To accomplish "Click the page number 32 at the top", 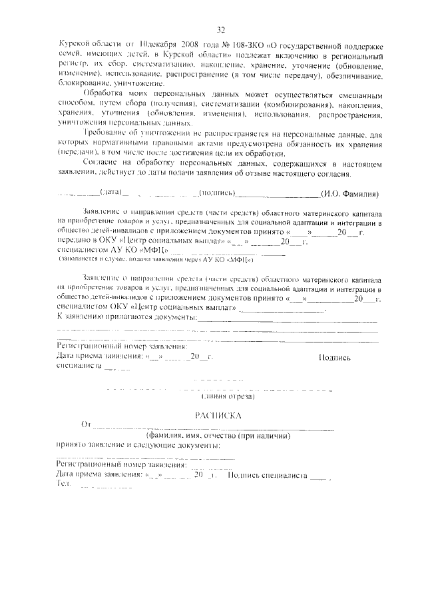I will (x=221, y=30).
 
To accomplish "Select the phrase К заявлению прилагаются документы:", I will (x=126, y=316).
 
